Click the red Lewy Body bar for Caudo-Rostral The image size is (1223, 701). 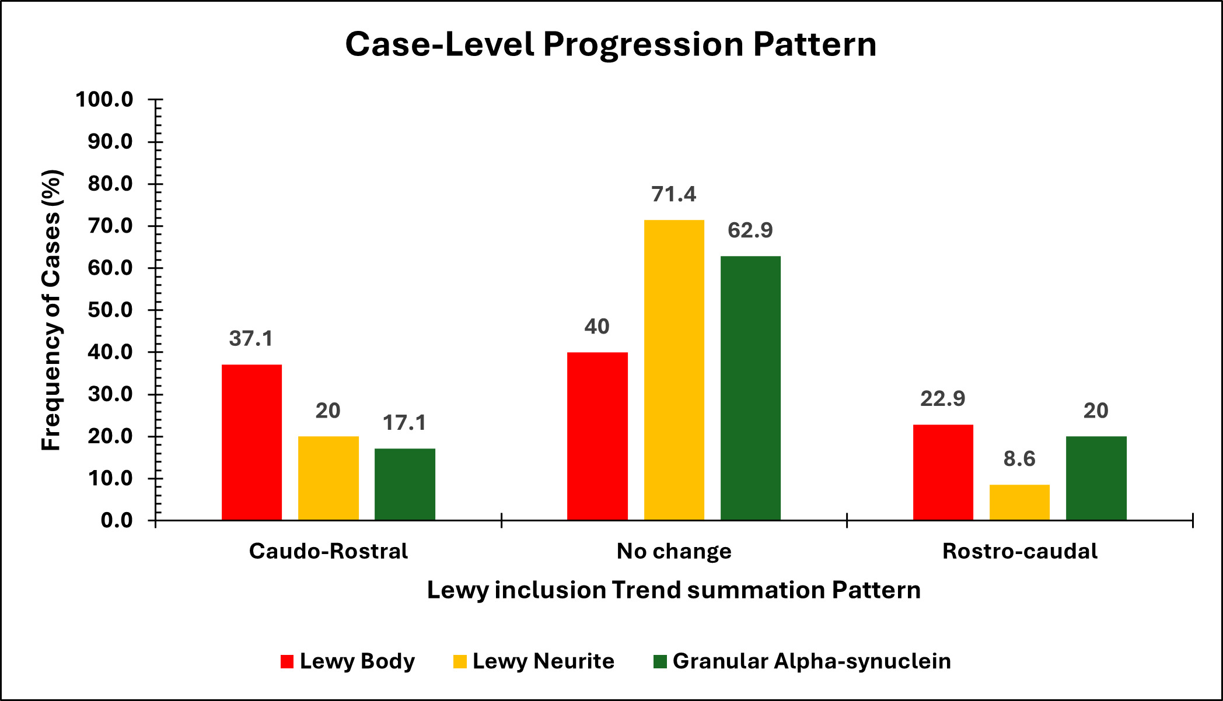251,442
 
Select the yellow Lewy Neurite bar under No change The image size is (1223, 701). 674,370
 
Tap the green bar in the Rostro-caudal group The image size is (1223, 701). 1096,478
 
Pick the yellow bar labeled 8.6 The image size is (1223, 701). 1019,502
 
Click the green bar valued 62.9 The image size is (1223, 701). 750,388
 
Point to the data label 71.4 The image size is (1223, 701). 674,194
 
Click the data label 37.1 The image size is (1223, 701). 251,339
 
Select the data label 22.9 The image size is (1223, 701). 942,399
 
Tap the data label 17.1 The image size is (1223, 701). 404,423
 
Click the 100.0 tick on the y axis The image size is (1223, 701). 104,100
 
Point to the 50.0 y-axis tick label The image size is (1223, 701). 110,310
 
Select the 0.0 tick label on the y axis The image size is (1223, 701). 117,520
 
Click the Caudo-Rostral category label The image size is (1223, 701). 328,551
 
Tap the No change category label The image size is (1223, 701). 674,551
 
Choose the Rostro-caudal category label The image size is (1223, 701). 1019,551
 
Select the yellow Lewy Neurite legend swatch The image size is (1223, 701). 460,662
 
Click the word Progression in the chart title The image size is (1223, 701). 644,44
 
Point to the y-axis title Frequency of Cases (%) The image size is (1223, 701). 51,310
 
